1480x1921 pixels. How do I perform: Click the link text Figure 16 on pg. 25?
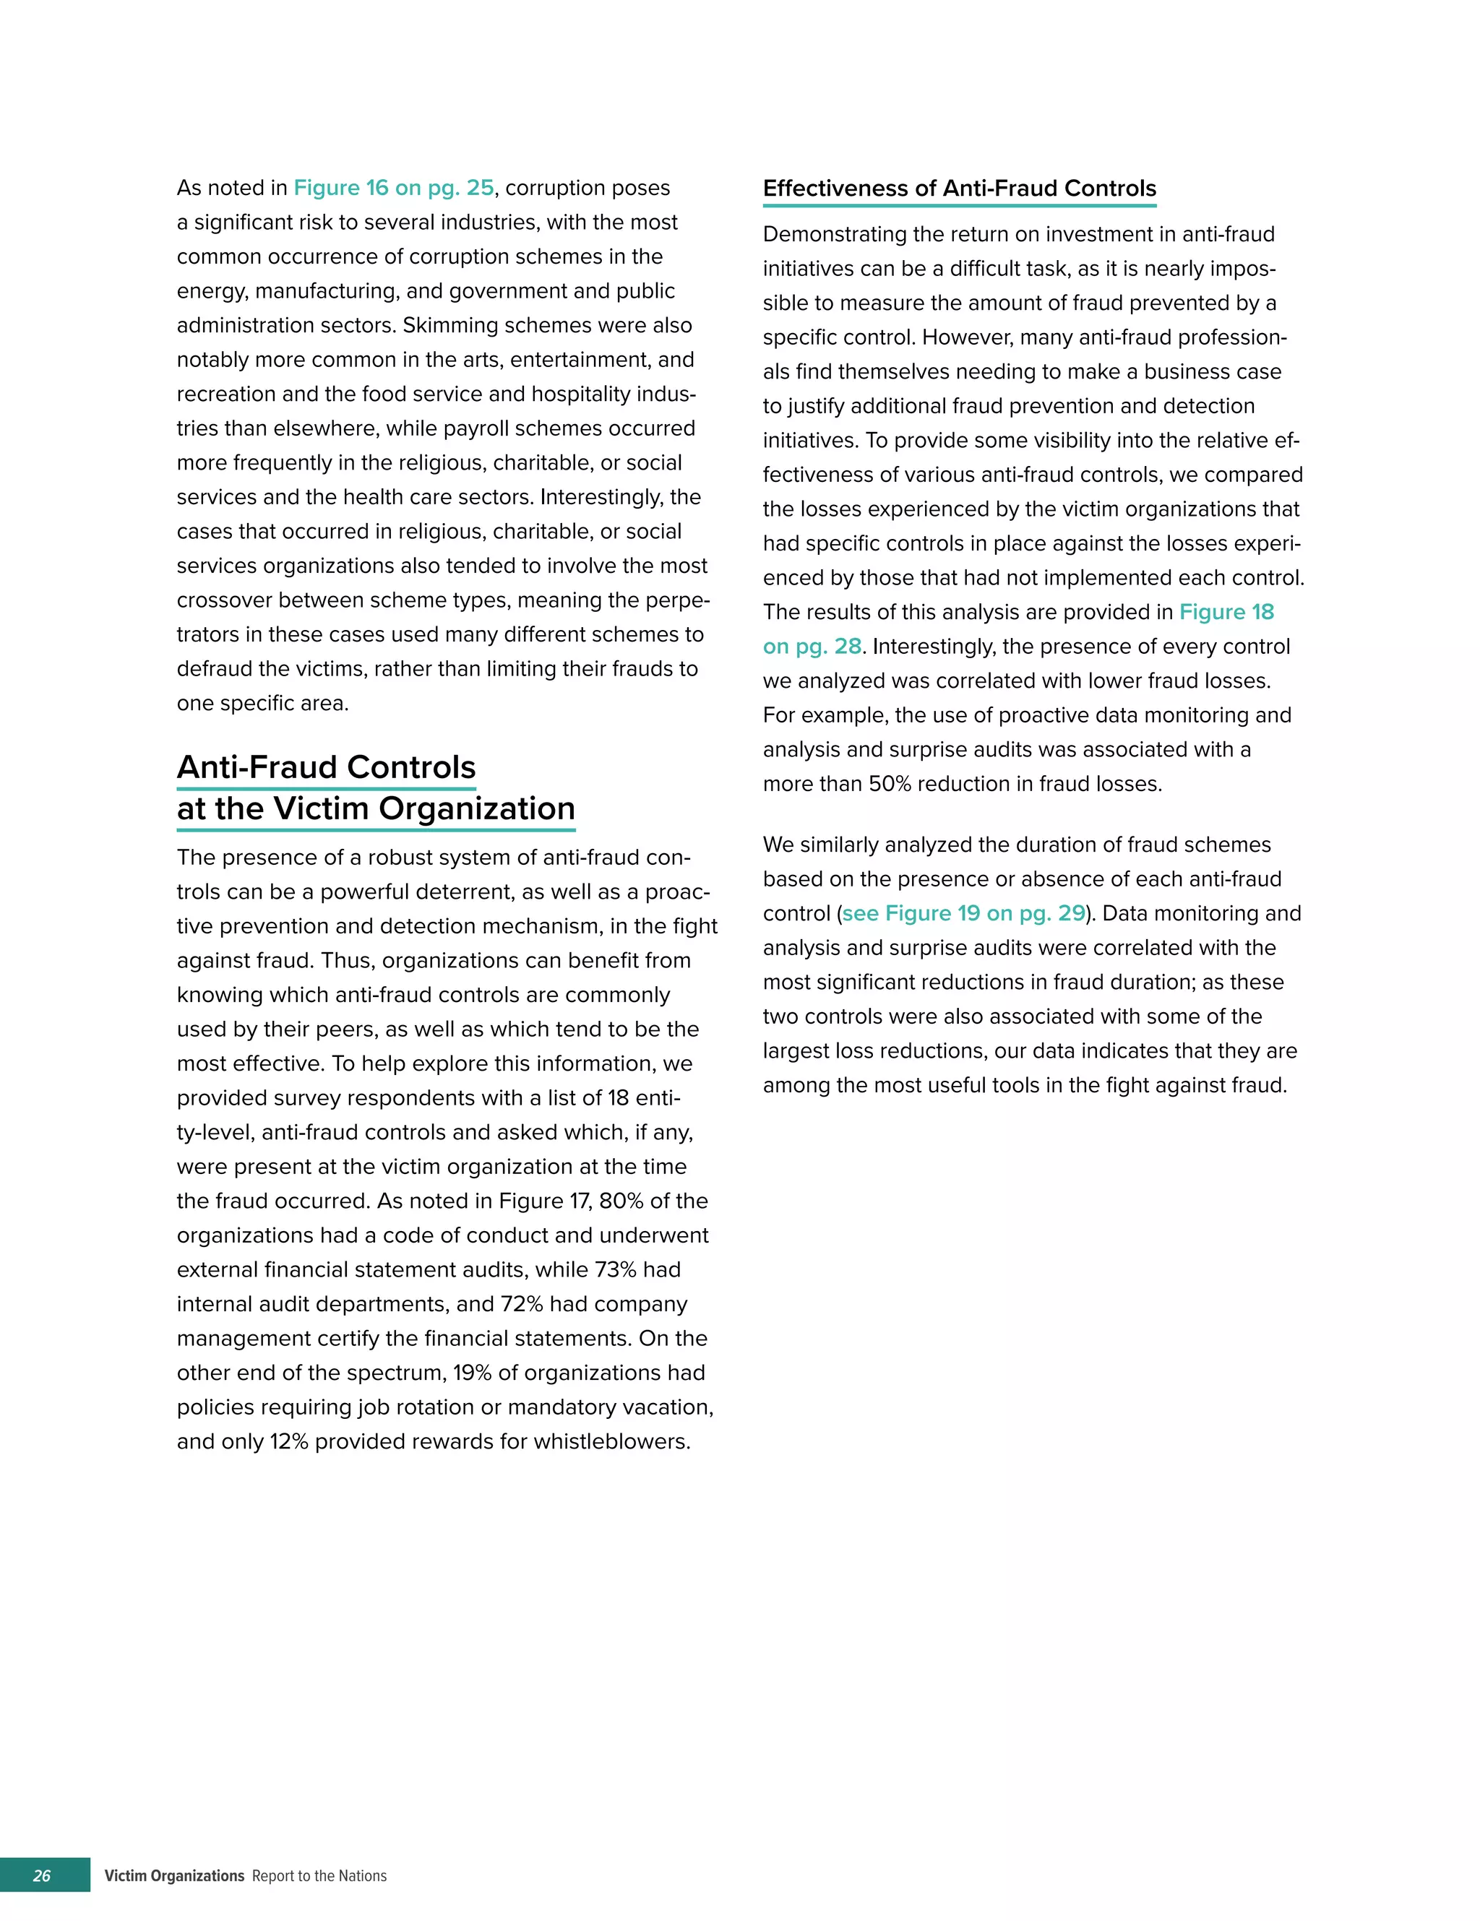[x=393, y=189]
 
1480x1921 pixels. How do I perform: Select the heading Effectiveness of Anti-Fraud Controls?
[x=959, y=189]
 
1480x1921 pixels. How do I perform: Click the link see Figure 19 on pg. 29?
[x=963, y=913]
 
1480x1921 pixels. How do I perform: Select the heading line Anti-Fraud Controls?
[x=326, y=767]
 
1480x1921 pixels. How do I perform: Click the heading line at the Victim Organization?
[x=376, y=808]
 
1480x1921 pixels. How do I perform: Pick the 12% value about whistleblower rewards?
[x=288, y=1441]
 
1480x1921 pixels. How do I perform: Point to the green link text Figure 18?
[x=1226, y=612]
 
